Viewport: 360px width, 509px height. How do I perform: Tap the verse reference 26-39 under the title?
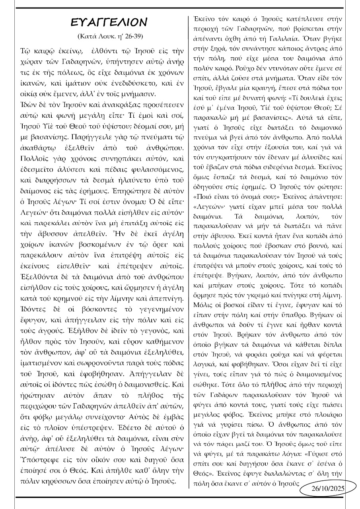(x=132, y=37)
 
